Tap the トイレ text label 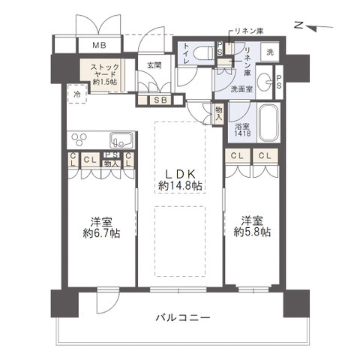187,52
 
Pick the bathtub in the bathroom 269,121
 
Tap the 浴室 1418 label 241,128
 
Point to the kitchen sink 121,139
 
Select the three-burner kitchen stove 79,139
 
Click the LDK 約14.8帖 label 180,178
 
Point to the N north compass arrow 313,27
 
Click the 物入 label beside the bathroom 218,114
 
